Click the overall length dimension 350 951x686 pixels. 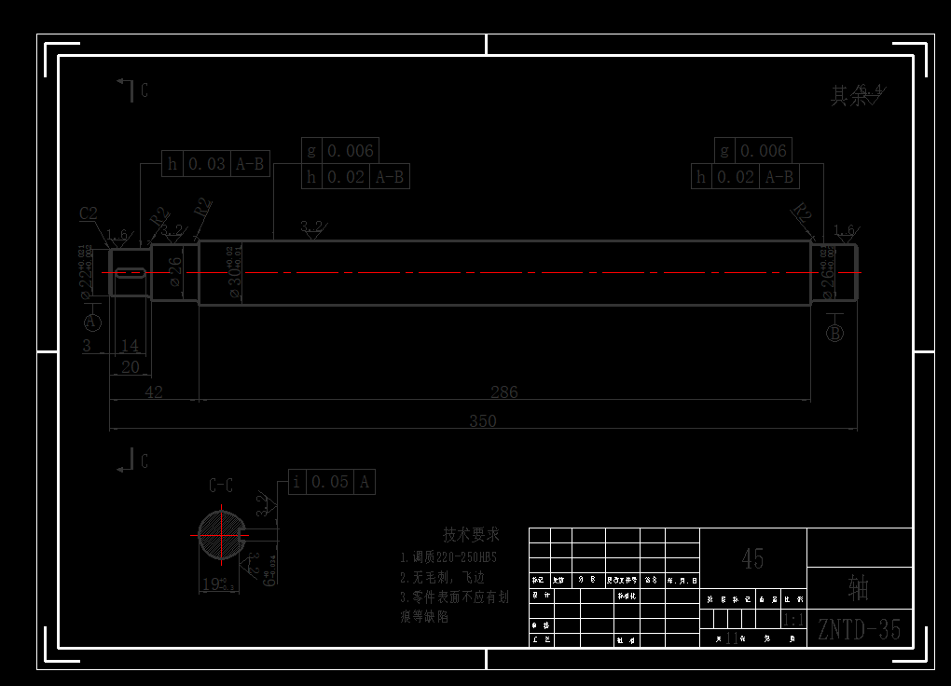(x=482, y=420)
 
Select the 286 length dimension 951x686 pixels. (x=503, y=392)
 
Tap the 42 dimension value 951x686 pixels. (x=154, y=392)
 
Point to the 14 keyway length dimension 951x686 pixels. (x=130, y=346)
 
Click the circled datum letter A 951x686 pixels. (x=92, y=322)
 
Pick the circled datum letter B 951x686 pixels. (x=834, y=333)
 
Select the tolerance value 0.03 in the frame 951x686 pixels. (x=207, y=164)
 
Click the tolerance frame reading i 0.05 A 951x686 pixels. (x=331, y=482)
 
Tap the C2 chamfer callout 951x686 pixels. (x=89, y=213)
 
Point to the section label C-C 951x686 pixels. (x=220, y=485)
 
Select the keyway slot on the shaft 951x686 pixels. (x=129, y=273)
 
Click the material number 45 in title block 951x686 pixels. (x=752, y=558)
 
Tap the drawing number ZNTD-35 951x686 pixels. (x=859, y=630)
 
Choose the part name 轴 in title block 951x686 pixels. (x=859, y=587)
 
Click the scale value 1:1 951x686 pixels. (x=794, y=620)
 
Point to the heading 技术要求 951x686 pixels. (x=471, y=535)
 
